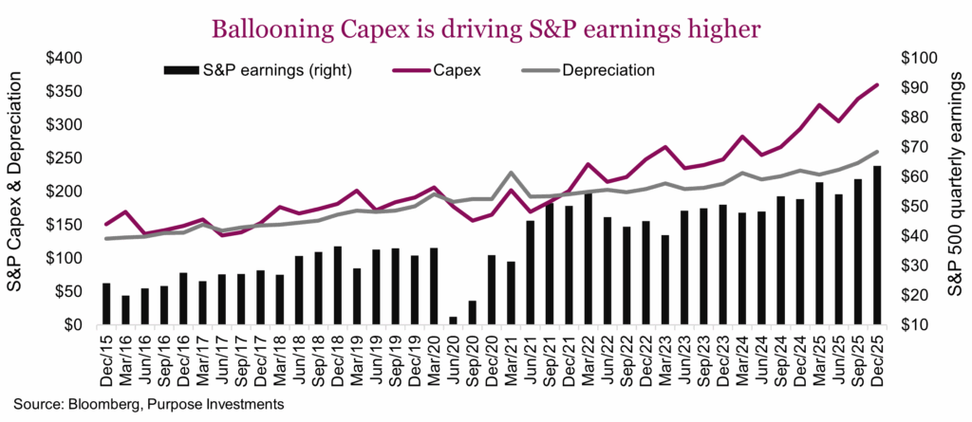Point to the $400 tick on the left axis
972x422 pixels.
click(65, 58)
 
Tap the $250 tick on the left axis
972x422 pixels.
click(65, 157)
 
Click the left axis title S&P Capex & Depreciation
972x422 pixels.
click(18, 191)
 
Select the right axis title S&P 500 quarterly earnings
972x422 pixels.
click(953, 191)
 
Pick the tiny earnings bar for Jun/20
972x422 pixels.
click(453, 321)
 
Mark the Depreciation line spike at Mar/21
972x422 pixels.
click(512, 173)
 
